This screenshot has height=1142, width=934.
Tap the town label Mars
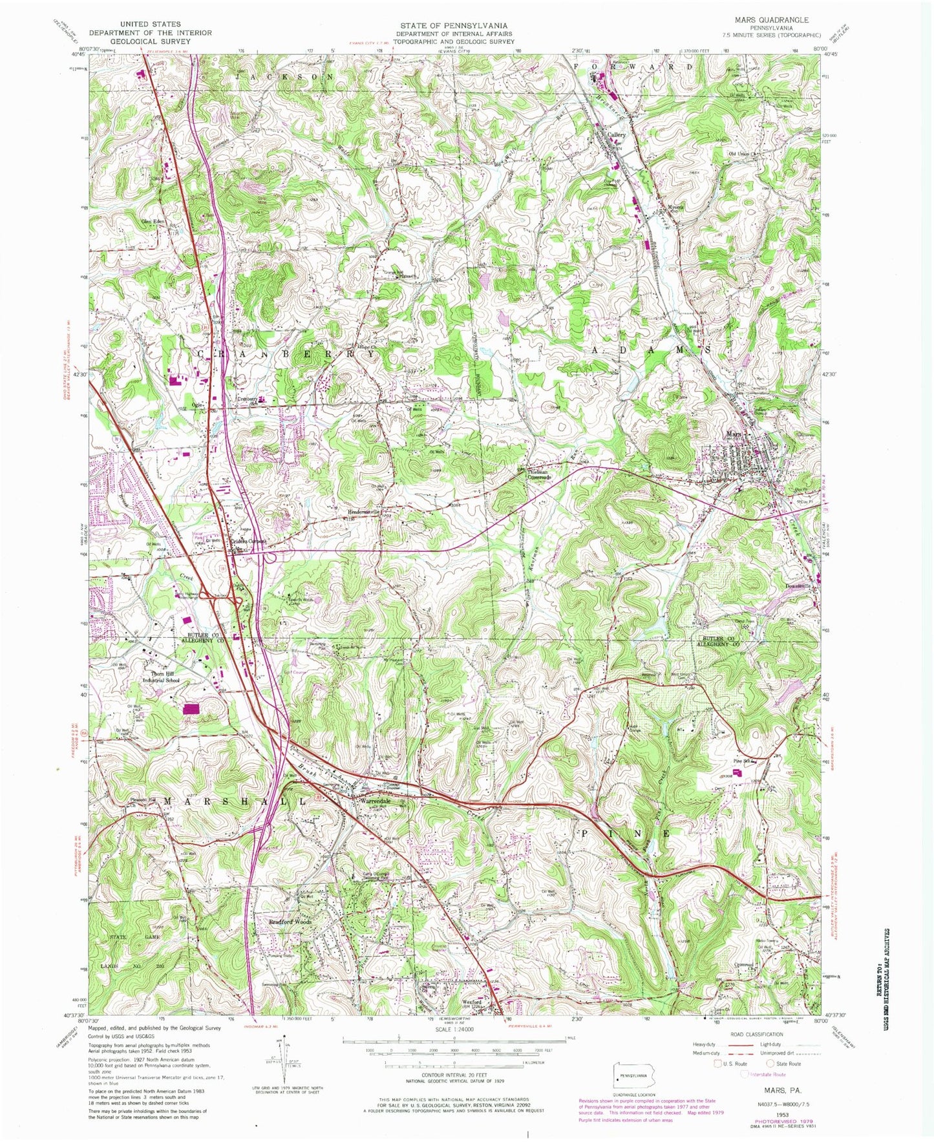point(732,434)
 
